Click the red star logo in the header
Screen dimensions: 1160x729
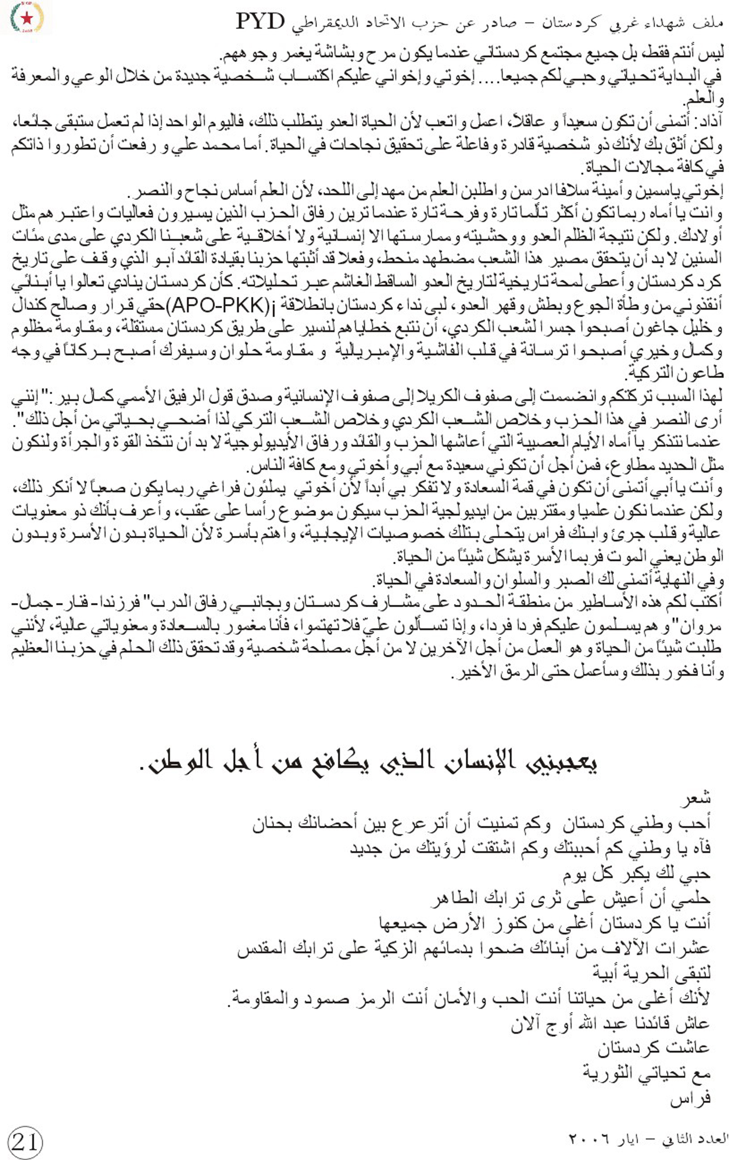click(x=26, y=18)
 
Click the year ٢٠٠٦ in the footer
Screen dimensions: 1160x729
click(x=583, y=1139)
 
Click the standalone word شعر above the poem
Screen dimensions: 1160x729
click(x=696, y=798)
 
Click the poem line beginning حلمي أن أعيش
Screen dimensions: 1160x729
click(x=570, y=898)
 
